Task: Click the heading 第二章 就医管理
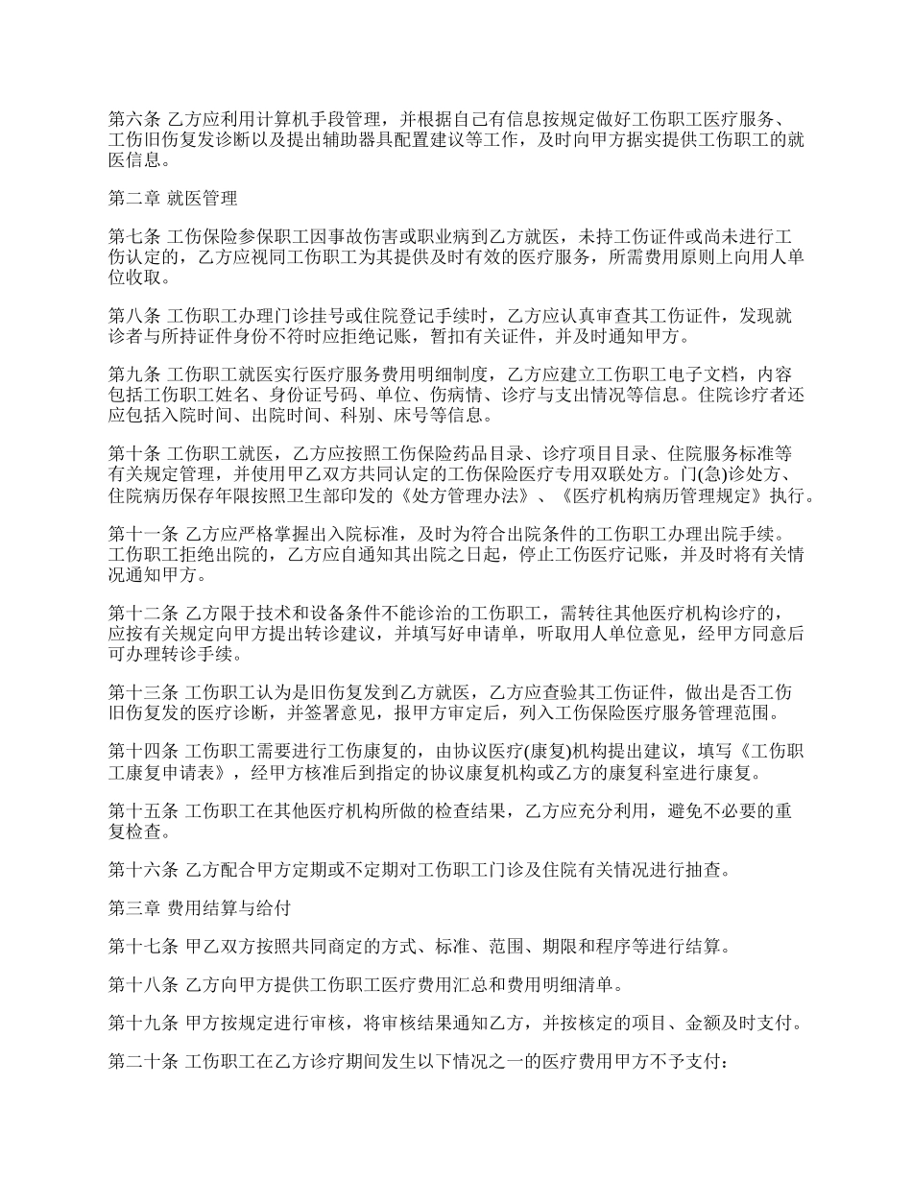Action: (x=172, y=200)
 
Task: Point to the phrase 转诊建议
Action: (x=349, y=635)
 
